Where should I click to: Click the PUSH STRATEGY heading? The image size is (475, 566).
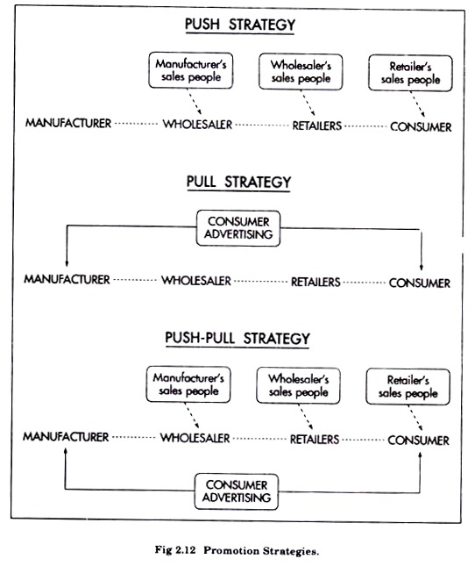pos(240,25)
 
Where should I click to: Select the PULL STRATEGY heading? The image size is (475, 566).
pos(238,182)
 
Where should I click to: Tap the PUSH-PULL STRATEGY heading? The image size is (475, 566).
pos(237,338)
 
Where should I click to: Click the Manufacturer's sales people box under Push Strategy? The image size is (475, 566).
pos(191,70)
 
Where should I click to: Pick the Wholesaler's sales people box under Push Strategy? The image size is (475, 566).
pos(301,71)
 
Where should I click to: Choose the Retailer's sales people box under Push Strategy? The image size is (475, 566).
pos(410,73)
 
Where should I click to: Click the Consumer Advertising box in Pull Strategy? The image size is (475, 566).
pos(238,228)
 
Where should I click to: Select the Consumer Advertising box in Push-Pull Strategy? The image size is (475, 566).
pos(237,491)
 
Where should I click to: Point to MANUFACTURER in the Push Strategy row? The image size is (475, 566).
pos(68,123)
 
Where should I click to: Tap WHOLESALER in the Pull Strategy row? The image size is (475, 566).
pos(196,281)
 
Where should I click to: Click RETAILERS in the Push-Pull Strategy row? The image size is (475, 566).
pos(315,440)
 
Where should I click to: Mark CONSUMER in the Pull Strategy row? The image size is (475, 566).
pos(420,283)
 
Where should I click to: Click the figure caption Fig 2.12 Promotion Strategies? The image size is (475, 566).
pos(237,550)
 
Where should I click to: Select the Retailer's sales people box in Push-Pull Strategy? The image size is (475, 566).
pos(408,387)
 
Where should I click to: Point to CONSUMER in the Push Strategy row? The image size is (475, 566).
pos(421,126)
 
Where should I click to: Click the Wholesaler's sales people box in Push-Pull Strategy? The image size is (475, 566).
pos(298,385)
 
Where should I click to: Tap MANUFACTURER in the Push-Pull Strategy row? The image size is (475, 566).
pos(66,437)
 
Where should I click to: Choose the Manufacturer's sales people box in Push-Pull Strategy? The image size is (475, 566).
pos(188,384)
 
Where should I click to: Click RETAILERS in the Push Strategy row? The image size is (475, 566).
pos(316,125)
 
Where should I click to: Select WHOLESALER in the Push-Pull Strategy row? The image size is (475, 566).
pos(195,438)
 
